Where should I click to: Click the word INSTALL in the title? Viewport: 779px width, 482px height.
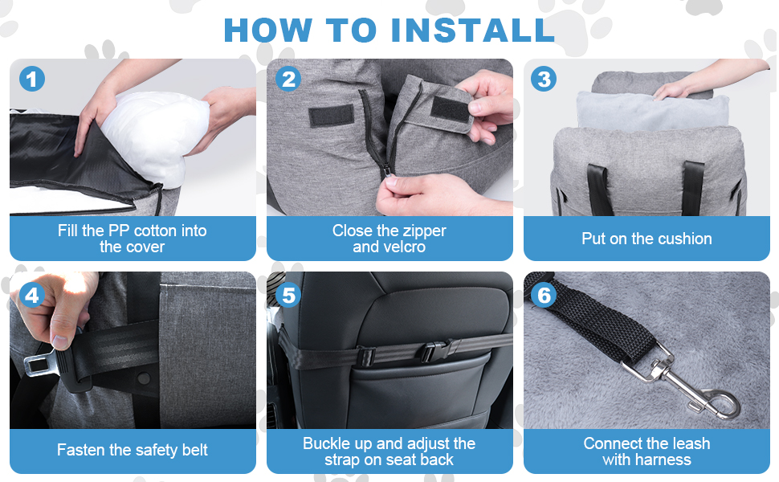472,31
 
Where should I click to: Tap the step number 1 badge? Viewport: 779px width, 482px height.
32,79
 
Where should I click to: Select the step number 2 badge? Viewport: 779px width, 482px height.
288,79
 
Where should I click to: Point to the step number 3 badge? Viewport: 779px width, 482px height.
544,79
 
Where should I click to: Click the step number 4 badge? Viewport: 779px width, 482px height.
32,295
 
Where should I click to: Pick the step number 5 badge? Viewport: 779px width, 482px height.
288,295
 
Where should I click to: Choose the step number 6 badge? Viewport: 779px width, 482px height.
544,295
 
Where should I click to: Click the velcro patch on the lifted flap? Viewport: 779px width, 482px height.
450,109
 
